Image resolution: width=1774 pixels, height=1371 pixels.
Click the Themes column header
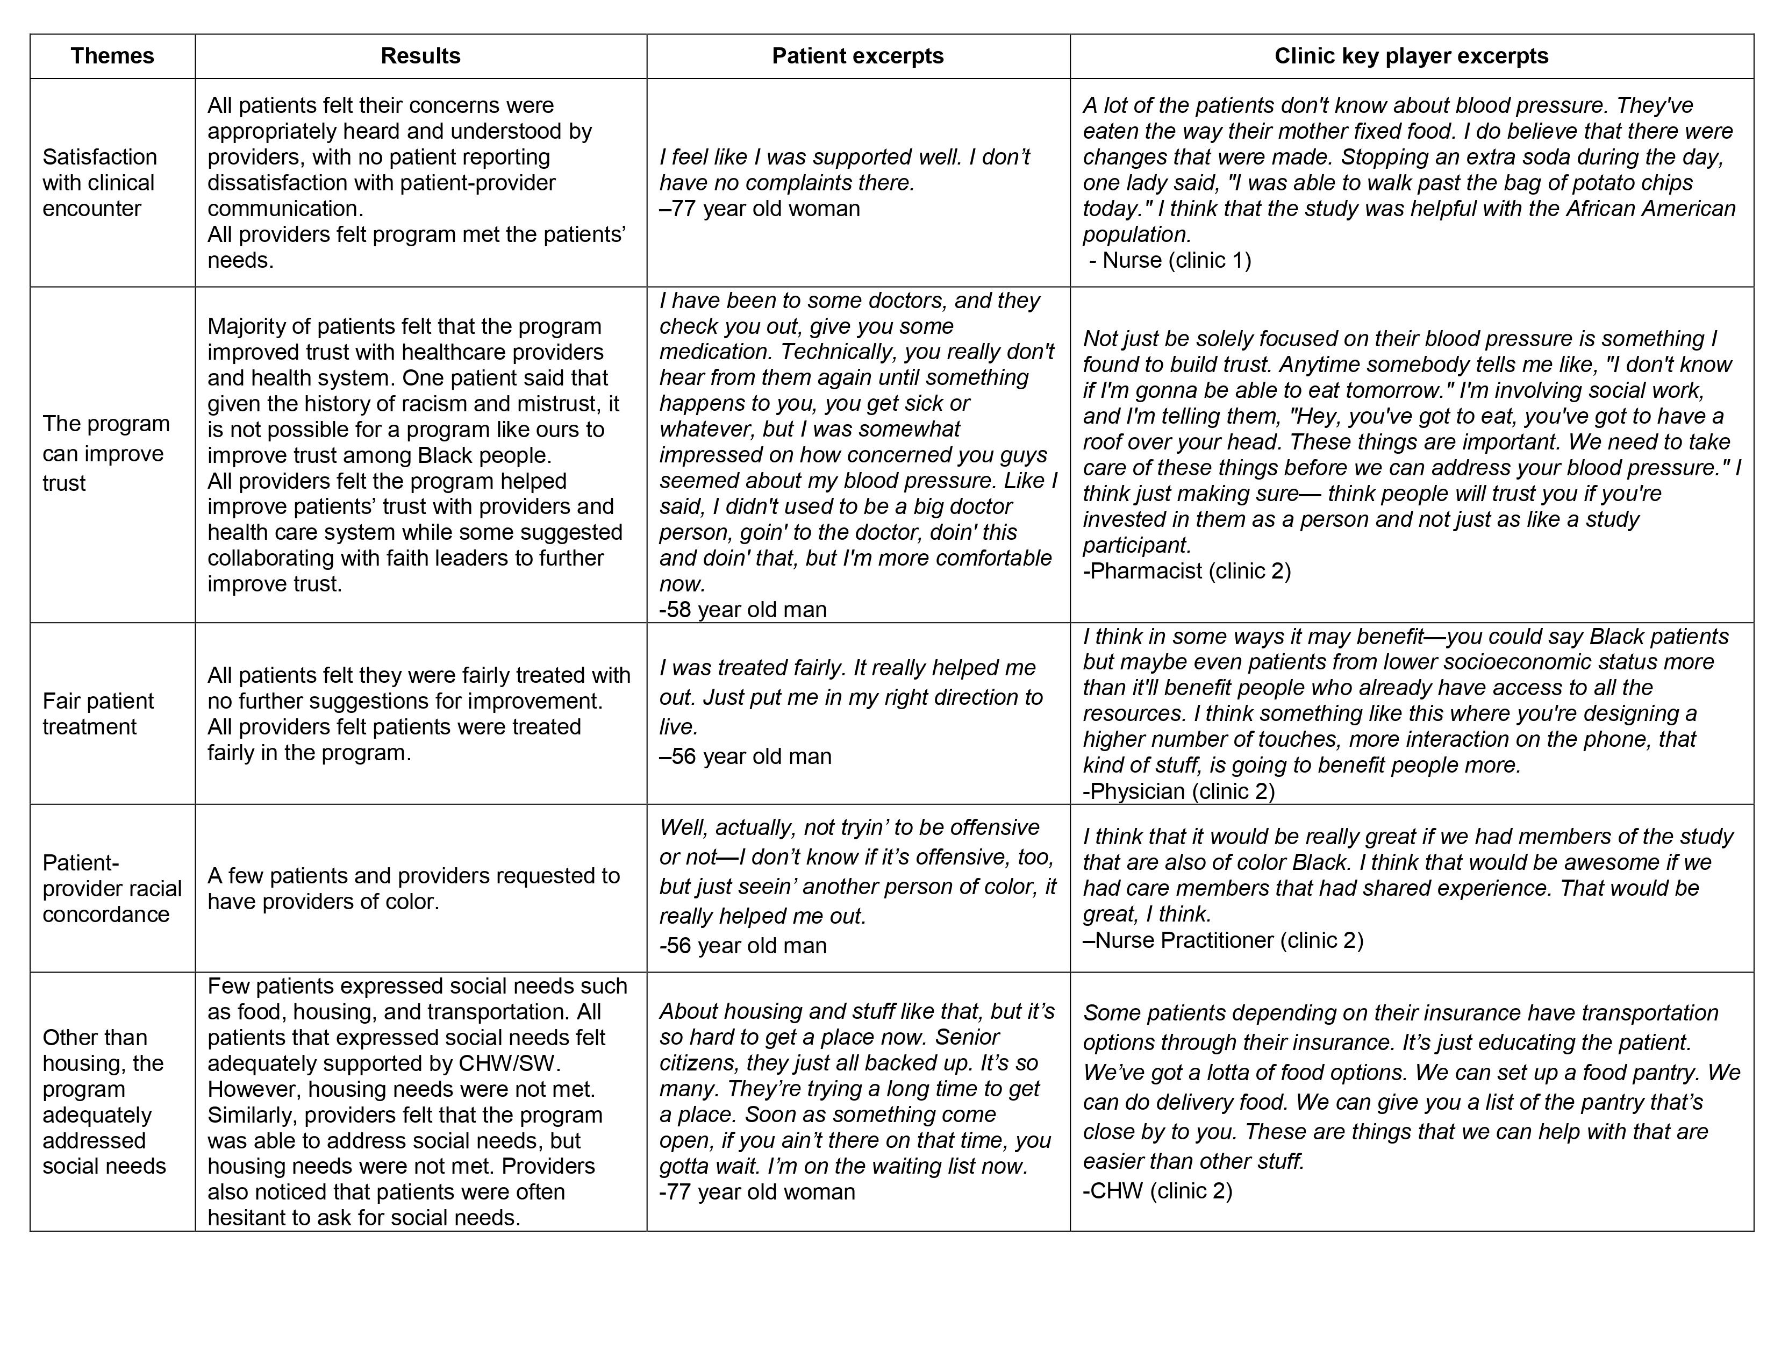[112, 56]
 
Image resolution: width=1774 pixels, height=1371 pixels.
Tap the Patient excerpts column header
[858, 56]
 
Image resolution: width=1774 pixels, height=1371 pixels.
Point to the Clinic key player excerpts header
[1411, 56]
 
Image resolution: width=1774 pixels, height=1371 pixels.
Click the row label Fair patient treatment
[97, 714]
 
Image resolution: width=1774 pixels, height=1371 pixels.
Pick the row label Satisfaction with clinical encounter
[99, 183]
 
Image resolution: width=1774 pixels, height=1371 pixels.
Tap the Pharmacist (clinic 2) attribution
[1187, 571]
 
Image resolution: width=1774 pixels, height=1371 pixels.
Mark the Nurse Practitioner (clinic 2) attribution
[1224, 940]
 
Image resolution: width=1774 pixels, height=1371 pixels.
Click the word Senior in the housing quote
[967, 1037]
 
